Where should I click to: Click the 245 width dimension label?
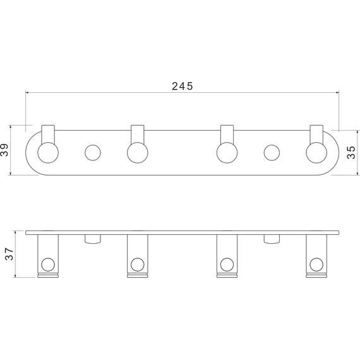183,86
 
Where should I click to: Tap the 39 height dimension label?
4,150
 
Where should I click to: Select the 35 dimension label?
351,152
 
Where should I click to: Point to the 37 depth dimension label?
9,254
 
